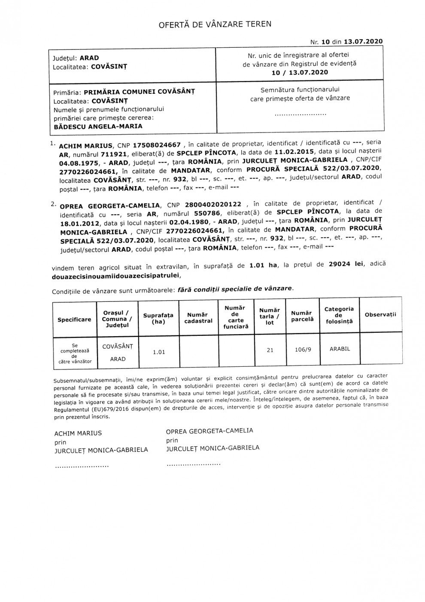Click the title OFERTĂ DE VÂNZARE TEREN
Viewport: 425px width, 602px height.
pos(215,25)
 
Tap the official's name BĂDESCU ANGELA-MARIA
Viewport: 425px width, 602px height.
pos(98,126)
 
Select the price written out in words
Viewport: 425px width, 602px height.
pos(114,276)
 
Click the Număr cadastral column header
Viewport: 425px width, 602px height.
pos(198,318)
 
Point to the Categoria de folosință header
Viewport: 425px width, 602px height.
pos(339,315)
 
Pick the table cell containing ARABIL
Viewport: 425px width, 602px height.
pos(340,349)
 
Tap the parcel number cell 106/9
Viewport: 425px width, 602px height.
pos(303,350)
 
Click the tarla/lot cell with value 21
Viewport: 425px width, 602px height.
pos(270,350)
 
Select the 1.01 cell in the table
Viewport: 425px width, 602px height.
pos(159,352)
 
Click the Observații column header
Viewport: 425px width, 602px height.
pos(380,314)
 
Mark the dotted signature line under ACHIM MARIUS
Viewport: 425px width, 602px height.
pos(81,466)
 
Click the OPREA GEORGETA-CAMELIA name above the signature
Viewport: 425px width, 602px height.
pos(209,430)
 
